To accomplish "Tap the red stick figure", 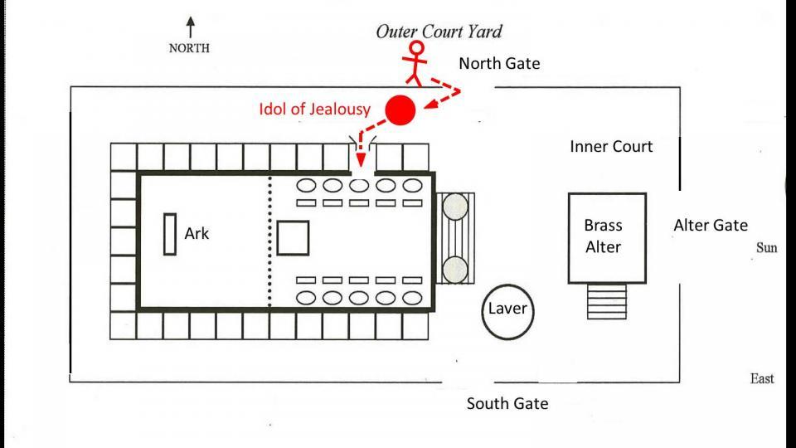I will [415, 64].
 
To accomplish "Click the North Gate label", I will [499, 63].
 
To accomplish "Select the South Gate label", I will [507, 404].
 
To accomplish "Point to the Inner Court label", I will [611, 147].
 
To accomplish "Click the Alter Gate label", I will [710, 225].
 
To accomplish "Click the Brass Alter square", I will [606, 236].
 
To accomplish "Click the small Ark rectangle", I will [170, 235].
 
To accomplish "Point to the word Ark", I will [197, 234].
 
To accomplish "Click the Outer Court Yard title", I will [439, 32].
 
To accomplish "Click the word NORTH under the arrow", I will [189, 47].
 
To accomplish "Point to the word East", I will [762, 378].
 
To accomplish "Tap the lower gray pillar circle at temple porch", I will [454, 269].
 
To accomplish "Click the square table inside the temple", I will [293, 237].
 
